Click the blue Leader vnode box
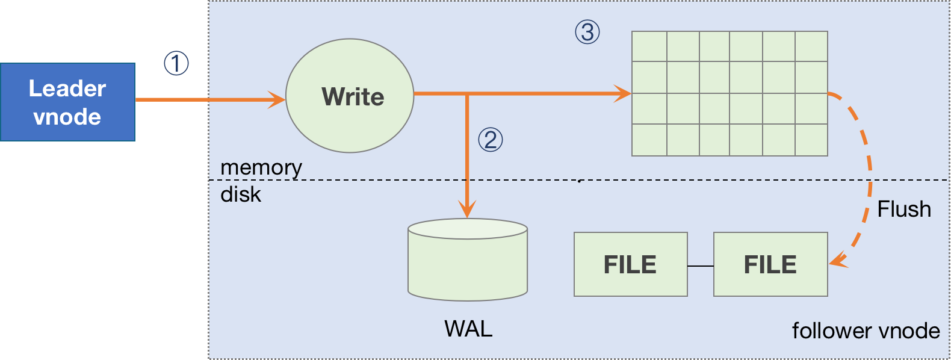(67, 102)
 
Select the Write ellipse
(350, 96)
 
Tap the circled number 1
(176, 63)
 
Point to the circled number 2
(490, 140)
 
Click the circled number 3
(587, 32)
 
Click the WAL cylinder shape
(468, 260)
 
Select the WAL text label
(468, 329)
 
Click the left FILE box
(630, 264)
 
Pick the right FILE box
(770, 264)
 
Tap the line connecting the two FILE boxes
(701, 265)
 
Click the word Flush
(903, 209)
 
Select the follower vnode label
(866, 331)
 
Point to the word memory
(261, 167)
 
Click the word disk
(241, 194)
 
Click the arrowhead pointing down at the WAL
(467, 209)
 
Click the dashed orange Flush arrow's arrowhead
(837, 261)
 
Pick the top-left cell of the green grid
(649, 46)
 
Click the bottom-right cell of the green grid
(811, 140)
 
